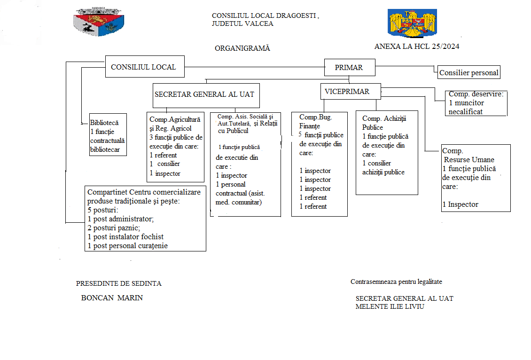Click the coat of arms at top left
click(x=99, y=22)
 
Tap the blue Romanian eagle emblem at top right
click(x=412, y=23)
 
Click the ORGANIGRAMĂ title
click(x=242, y=48)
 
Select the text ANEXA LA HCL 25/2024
click(x=417, y=47)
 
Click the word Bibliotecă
click(x=104, y=123)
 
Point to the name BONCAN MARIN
click(x=112, y=297)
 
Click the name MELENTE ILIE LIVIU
click(x=390, y=306)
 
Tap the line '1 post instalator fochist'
click(x=125, y=237)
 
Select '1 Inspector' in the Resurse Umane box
click(x=461, y=204)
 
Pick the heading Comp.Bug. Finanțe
click(x=315, y=122)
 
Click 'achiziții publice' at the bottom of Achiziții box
click(x=383, y=172)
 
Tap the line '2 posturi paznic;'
click(x=114, y=228)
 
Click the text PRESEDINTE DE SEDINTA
click(x=119, y=283)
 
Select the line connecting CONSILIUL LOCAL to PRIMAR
click(x=254, y=67)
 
